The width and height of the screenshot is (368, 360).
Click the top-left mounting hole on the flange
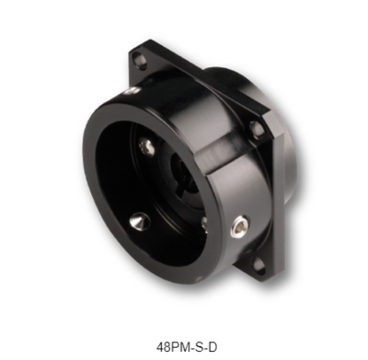click(140, 58)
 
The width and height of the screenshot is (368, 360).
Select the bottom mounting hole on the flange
click(259, 266)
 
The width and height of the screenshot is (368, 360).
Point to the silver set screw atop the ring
click(133, 90)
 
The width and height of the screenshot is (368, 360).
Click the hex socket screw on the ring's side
click(239, 226)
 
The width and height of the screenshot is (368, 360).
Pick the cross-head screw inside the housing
click(146, 147)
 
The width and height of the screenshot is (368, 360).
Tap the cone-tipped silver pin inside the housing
click(140, 222)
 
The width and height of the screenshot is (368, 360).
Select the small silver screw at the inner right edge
click(204, 226)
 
